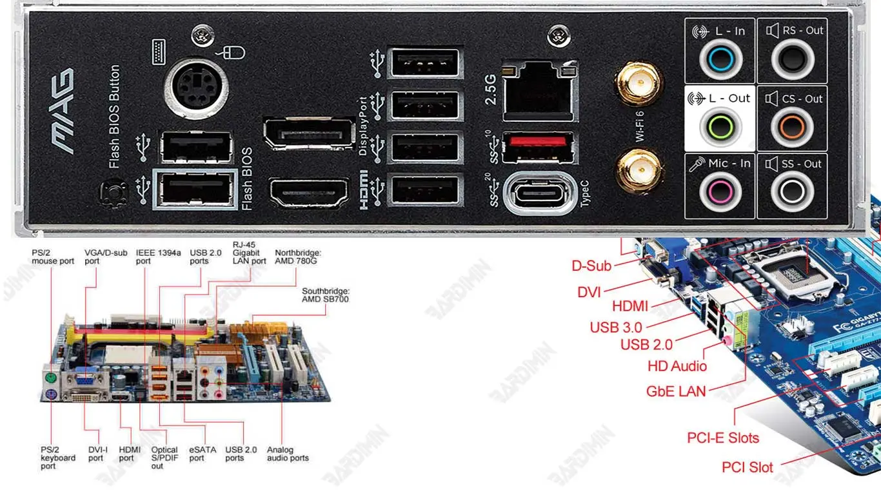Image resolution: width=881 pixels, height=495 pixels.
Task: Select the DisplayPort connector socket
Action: [x=310, y=134]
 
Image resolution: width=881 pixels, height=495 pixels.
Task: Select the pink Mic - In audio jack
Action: [x=720, y=191]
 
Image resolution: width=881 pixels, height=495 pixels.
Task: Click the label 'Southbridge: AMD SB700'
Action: [x=325, y=295]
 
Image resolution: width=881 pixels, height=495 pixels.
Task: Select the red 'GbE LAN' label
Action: [x=676, y=391]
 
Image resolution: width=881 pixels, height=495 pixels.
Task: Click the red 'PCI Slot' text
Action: [x=747, y=467]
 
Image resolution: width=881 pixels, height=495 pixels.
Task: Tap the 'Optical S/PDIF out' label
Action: [x=164, y=458]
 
